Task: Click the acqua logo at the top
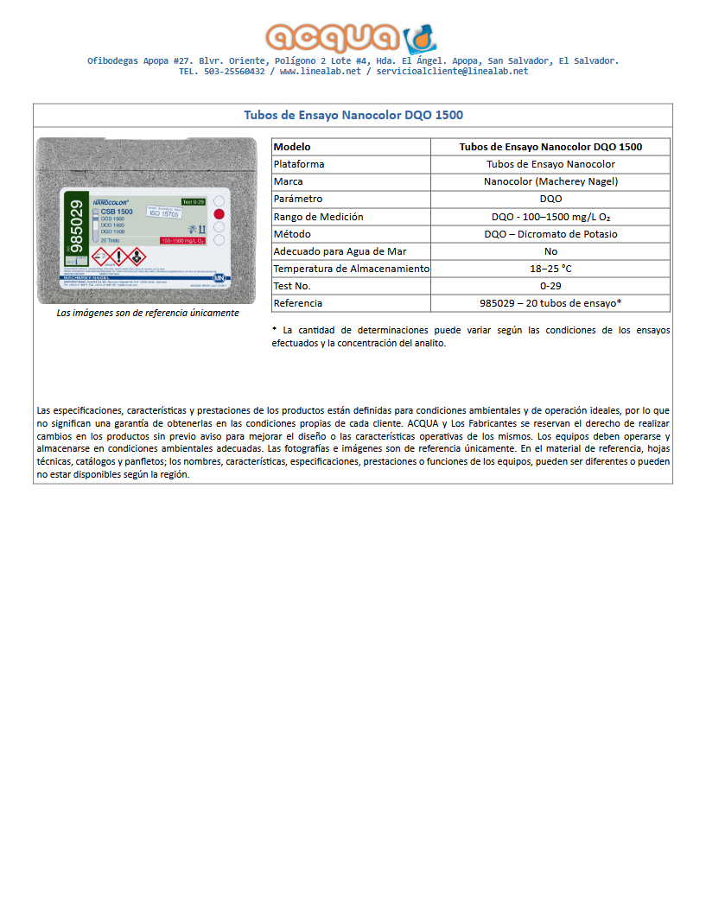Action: pos(352,37)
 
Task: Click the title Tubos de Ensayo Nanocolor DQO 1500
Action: pos(353,115)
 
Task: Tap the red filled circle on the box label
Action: pos(219,213)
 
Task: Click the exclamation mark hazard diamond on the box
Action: pos(118,257)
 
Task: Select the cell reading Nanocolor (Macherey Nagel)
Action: pos(550,181)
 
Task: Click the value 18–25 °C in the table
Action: pos(550,269)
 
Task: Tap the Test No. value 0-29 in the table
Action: pos(550,286)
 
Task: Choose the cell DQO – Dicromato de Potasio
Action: pos(550,234)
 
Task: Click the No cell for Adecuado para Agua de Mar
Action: pos(550,251)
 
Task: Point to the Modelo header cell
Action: pos(292,147)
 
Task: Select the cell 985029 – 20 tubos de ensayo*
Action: pos(550,303)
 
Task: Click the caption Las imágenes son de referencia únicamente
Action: pos(148,313)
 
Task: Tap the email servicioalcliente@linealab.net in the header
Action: pos(452,72)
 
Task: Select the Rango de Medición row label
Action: pos(318,217)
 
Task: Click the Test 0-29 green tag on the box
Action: pos(193,201)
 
